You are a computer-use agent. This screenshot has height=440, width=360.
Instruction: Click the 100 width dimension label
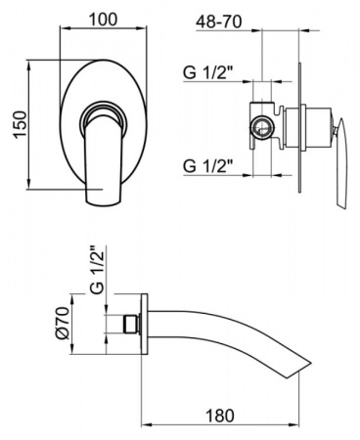[103, 20]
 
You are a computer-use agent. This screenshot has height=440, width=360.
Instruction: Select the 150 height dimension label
[20, 124]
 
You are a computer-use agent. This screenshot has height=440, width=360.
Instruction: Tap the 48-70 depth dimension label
[219, 22]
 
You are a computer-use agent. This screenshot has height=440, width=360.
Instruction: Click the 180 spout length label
[220, 416]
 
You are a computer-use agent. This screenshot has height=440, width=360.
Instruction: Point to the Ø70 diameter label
[63, 323]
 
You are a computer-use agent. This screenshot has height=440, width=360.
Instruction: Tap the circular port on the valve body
[261, 127]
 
